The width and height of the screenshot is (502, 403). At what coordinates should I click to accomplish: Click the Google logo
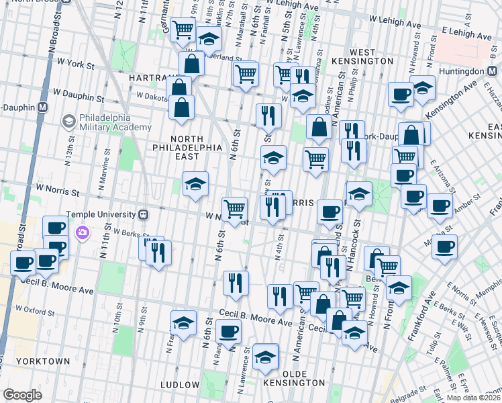tap(22, 394)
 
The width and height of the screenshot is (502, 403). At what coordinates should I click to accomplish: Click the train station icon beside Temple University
tap(143, 215)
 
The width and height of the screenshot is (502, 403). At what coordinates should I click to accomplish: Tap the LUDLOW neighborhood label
tap(180, 385)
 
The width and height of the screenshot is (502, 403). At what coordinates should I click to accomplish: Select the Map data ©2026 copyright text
tap(472, 398)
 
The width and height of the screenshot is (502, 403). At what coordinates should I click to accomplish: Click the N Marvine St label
tap(107, 173)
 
